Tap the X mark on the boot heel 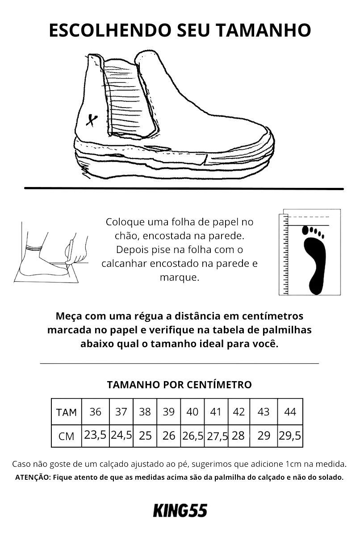pyautogui.click(x=92, y=120)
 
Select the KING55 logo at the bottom pyautogui.click(x=180, y=511)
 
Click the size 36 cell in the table pyautogui.click(x=95, y=411)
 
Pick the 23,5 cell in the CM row pyautogui.click(x=95, y=436)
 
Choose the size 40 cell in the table pyautogui.click(x=193, y=411)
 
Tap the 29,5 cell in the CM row pyautogui.click(x=290, y=436)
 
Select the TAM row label pyautogui.click(x=67, y=412)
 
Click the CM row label pyautogui.click(x=67, y=436)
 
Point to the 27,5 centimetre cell pyautogui.click(x=216, y=436)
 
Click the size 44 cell pyautogui.click(x=290, y=411)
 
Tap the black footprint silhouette pyautogui.click(x=314, y=262)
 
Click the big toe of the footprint pyautogui.click(x=306, y=230)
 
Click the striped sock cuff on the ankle pyautogui.click(x=34, y=248)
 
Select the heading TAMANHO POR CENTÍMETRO pyautogui.click(x=179, y=385)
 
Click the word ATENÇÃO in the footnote pyautogui.click(x=33, y=478)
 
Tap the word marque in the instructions pyautogui.click(x=180, y=278)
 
